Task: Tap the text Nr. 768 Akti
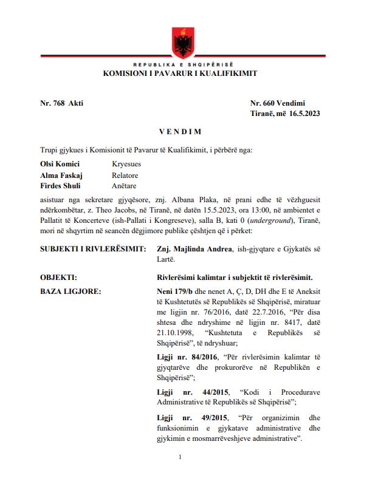[x=62, y=103]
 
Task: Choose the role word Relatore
[x=125, y=175]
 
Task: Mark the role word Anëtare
[x=124, y=186]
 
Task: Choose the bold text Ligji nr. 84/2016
[x=185, y=358]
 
